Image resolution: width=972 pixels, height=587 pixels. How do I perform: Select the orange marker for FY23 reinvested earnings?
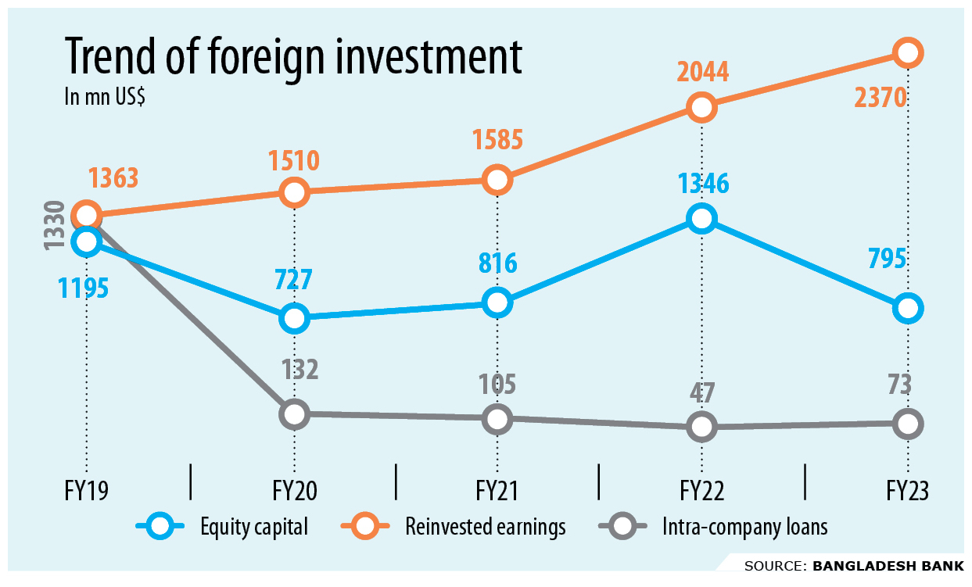907,52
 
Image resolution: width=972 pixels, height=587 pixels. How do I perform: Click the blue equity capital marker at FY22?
701,218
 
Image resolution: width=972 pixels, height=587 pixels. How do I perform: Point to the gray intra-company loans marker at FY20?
294,413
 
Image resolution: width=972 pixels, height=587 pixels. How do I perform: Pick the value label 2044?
701,72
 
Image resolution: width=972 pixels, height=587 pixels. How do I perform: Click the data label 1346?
701,184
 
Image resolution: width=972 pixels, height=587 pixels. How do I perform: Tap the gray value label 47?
701,392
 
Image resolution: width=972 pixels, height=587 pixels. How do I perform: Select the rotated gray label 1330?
54,226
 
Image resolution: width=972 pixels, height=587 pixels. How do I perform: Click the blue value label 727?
294,280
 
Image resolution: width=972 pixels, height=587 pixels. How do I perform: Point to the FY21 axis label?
497,491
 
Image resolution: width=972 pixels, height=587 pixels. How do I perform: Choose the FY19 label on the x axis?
86,491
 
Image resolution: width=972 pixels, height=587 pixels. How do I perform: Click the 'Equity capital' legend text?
253,528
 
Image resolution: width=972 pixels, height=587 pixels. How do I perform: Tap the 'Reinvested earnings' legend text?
485,528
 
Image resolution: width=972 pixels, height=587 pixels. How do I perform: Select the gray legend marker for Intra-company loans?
624,528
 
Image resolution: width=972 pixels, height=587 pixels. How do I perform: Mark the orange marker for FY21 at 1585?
497,180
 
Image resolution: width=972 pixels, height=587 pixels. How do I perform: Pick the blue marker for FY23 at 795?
907,308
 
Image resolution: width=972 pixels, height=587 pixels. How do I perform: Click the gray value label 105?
497,385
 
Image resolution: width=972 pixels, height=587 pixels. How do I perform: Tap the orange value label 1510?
294,160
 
